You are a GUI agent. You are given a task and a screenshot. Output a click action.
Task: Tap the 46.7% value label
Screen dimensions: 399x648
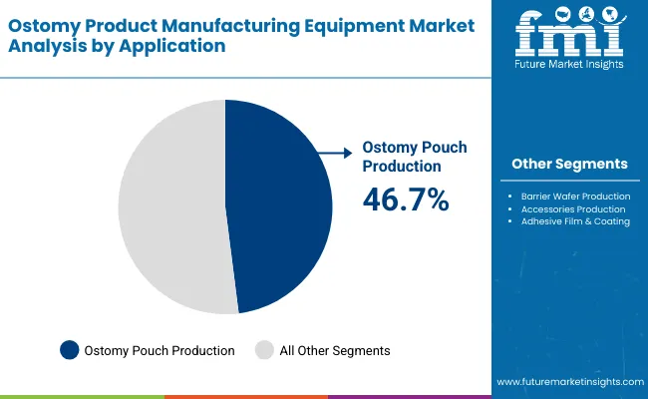[x=405, y=199]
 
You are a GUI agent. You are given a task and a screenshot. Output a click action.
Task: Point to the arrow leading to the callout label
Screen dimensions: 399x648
[x=334, y=153]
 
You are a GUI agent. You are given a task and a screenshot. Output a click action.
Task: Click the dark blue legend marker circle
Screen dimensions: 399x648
[x=69, y=350]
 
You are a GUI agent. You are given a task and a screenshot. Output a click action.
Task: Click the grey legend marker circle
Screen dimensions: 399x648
[x=264, y=350]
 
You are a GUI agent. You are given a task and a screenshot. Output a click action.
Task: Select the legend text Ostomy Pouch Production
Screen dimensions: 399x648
[x=160, y=350]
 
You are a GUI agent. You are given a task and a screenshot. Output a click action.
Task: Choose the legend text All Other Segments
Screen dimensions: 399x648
[x=336, y=350]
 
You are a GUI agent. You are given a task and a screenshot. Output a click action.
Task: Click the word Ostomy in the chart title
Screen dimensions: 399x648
[x=42, y=23]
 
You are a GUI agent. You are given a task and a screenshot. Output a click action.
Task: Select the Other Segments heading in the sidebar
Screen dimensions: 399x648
[x=569, y=164]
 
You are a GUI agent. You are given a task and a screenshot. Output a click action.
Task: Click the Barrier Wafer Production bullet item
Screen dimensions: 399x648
[x=575, y=197]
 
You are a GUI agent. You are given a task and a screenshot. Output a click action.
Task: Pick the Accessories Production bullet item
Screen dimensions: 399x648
[x=573, y=209]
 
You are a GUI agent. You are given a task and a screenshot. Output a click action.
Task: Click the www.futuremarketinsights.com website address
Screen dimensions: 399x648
[x=568, y=382]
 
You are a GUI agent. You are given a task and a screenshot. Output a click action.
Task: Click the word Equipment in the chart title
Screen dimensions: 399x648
[x=325, y=23]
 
